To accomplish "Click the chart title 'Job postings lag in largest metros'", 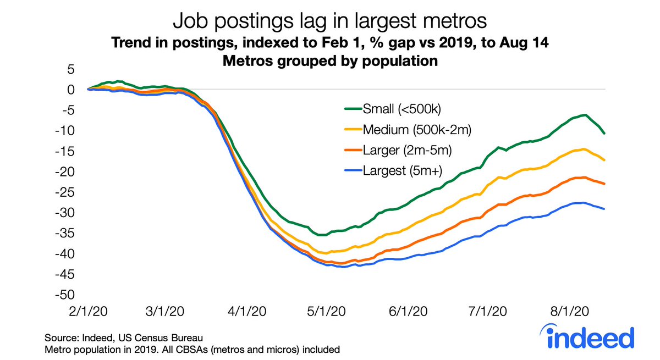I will [329, 22].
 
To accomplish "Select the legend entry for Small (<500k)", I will [402, 109].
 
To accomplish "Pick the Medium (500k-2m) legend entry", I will [416, 130].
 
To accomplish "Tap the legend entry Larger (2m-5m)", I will [410, 150].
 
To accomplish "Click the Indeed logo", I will [591, 336].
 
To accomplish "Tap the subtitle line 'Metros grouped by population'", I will [329, 61].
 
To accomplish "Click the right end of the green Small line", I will [604, 133].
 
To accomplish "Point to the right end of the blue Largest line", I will [604, 209].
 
